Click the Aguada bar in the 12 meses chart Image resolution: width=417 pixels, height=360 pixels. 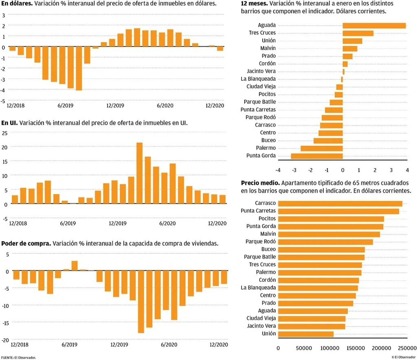pyautogui.click(x=374, y=25)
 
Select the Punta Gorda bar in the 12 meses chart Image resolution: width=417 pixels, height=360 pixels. pyautogui.click(x=317, y=156)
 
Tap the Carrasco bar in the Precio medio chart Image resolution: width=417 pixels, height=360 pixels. pyautogui.click(x=340, y=203)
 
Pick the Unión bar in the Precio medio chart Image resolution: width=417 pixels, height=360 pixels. pyautogui.click(x=306, y=334)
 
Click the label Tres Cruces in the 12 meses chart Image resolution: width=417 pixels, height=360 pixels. pyautogui.click(x=262, y=33)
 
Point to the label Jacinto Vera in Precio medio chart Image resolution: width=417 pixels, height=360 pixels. pyautogui.click(x=261, y=326)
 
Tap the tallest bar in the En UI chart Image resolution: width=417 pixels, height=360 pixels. pyautogui.click(x=139, y=173)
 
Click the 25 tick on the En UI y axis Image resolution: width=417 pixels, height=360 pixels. pyautogui.click(x=5, y=133)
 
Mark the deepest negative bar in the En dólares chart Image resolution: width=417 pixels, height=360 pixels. pyautogui.click(x=79, y=68)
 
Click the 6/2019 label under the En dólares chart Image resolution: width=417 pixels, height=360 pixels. pyautogui.click(x=65, y=106)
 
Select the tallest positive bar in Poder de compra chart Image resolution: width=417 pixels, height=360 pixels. pyautogui.click(x=75, y=266)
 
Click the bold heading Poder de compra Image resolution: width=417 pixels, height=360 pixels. pyautogui.click(x=26, y=244)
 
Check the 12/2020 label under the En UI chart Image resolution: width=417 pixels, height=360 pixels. pyautogui.click(x=217, y=224)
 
